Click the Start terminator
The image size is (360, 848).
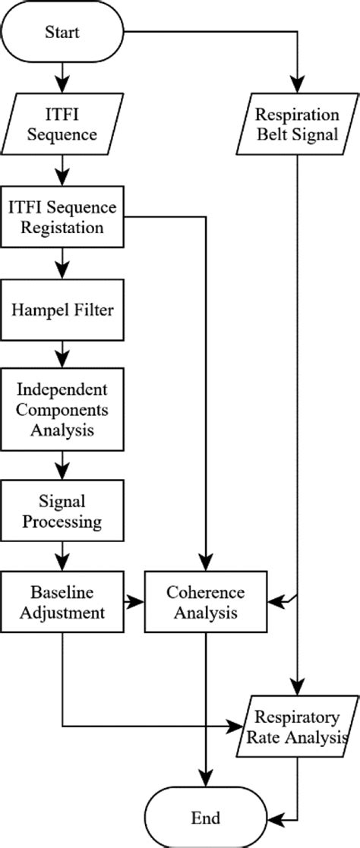[62, 32]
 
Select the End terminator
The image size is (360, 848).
[206, 818]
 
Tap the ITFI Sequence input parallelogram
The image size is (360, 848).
[62, 125]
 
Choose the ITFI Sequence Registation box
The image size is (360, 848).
[62, 216]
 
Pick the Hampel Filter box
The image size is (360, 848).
[62, 310]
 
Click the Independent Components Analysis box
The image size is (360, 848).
[62, 409]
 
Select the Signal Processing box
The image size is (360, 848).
[62, 512]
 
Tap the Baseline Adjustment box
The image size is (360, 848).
[62, 601]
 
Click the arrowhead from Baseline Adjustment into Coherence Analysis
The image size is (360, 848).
[138, 602]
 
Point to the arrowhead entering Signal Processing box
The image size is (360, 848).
[62, 475]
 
